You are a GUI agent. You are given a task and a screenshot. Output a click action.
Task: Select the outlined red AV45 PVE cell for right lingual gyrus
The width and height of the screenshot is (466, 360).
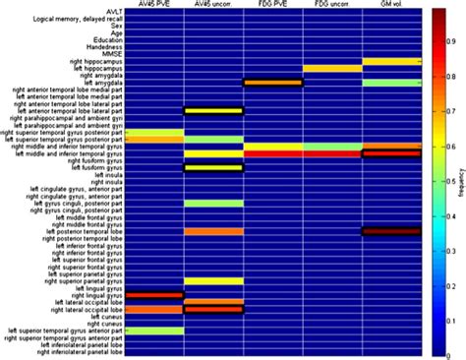pos(153,295)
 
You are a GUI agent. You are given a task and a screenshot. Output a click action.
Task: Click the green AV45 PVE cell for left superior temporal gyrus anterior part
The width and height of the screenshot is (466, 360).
pos(153,330)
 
